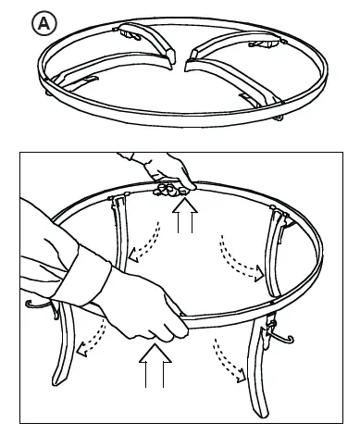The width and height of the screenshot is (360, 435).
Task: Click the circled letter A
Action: tap(44, 23)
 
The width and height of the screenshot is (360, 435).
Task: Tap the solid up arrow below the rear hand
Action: tap(185, 215)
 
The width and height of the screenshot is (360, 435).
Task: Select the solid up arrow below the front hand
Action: tap(155, 366)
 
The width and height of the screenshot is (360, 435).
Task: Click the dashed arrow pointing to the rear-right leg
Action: tap(241, 258)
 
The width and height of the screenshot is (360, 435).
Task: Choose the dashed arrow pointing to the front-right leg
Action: tap(229, 360)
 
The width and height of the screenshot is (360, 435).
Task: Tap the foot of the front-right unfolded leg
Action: tap(261, 412)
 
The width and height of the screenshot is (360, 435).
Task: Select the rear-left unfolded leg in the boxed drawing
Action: tap(121, 234)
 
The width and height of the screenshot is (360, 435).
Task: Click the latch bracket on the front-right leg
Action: tap(267, 331)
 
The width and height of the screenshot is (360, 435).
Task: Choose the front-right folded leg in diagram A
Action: tap(234, 81)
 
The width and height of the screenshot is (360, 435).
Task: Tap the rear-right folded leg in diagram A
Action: tap(238, 43)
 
